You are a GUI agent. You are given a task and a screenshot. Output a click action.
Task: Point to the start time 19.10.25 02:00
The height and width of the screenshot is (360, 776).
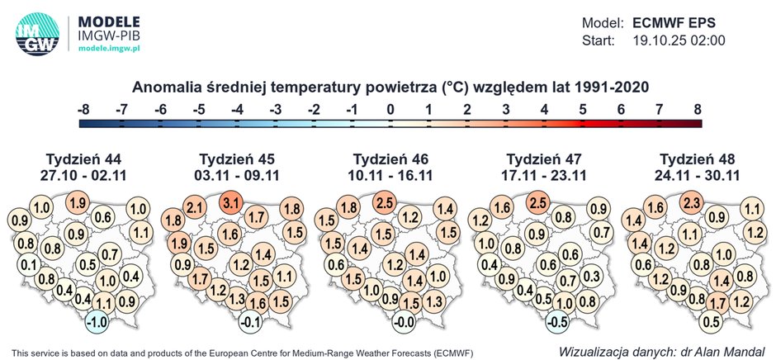pyautogui.click(x=679, y=40)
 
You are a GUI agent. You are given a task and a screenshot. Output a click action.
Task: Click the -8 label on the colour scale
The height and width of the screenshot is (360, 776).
pyautogui.click(x=83, y=109)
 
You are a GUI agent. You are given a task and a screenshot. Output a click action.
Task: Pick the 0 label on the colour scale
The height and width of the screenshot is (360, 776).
pyautogui.click(x=391, y=109)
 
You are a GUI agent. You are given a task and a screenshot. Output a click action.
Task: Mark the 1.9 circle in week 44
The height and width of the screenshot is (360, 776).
pyautogui.click(x=78, y=202)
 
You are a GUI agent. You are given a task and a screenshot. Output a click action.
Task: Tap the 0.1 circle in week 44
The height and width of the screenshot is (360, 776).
pyautogui.click(x=29, y=265)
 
